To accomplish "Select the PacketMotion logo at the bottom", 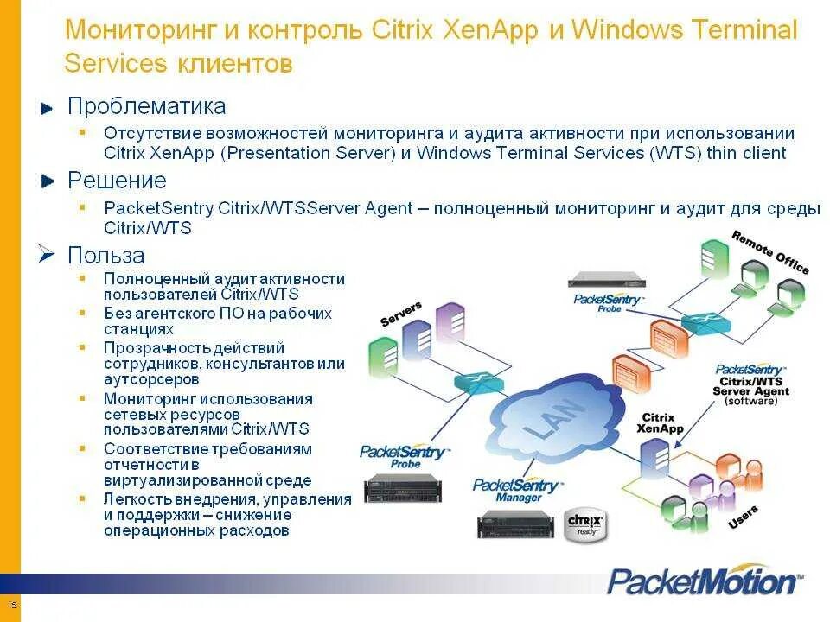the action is coord(705,580).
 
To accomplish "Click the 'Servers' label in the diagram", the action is coord(401,313).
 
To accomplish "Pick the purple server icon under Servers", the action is coord(450,321).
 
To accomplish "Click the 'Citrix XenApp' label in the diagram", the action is coord(660,422).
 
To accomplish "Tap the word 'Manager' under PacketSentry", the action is coord(519,498).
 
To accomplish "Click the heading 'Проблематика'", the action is coord(147,106).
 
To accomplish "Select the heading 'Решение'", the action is coord(117,181).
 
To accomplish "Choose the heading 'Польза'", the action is coord(106,256).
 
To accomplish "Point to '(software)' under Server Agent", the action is coord(750,402).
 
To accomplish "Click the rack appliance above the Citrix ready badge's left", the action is coord(515,523).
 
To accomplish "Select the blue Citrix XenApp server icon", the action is coord(654,453).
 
